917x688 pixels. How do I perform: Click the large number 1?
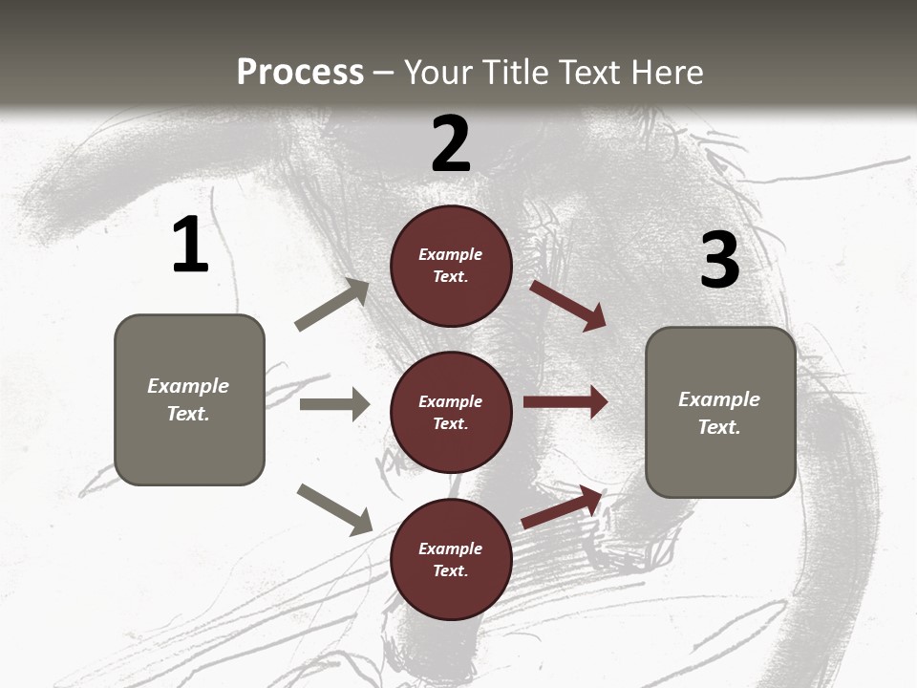tap(190, 245)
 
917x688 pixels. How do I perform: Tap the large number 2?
tap(451, 144)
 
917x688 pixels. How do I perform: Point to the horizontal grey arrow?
tap(334, 404)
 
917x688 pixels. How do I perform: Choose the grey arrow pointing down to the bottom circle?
tap(334, 508)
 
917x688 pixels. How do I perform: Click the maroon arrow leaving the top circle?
tap(568, 305)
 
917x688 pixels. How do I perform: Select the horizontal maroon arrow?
tap(565, 402)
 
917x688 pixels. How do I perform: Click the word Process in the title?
tap(300, 72)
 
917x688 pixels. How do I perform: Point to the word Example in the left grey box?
tap(188, 386)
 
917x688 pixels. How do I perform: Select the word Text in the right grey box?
tap(718, 427)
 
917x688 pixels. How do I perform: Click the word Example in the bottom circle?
tap(450, 548)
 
